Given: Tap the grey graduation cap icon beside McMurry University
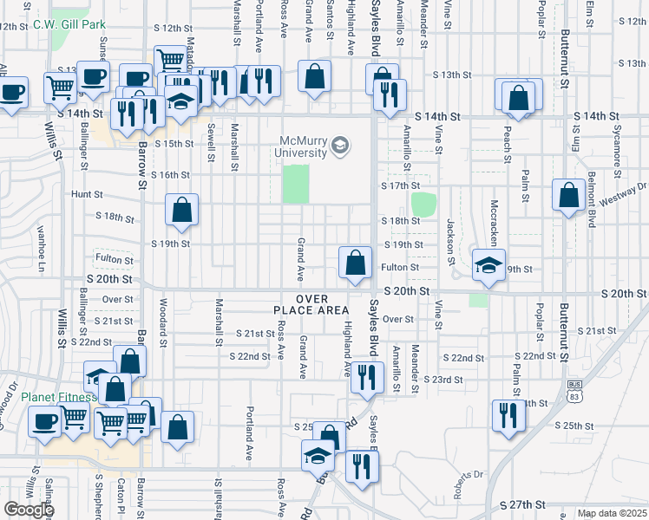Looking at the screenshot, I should point(341,146).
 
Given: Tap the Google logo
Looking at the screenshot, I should point(29,510).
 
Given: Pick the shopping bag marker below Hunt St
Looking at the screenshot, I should point(181,209).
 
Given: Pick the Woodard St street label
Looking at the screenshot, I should point(162,320).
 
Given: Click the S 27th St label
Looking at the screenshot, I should point(523,504).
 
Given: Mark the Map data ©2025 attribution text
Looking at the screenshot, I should point(612,513).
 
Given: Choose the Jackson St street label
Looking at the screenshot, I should point(450,242).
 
